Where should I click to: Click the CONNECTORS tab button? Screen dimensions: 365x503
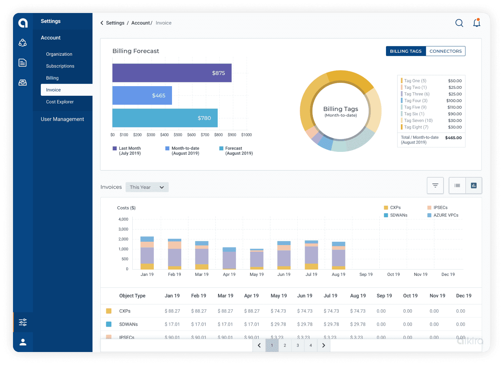click(445, 51)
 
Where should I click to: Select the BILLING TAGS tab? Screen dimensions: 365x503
click(406, 51)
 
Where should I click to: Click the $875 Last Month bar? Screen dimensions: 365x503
click(172, 73)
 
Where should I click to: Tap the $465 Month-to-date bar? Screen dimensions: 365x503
click(142, 95)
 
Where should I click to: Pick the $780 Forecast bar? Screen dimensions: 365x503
click(165, 118)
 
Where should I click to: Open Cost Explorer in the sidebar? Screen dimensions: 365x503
click(60, 102)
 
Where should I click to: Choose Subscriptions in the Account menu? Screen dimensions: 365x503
click(60, 66)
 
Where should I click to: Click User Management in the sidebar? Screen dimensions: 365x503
click(62, 119)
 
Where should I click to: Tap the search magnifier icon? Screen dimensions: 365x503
click(459, 23)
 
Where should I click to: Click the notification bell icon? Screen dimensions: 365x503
click(477, 23)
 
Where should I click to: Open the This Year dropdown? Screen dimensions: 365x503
click(147, 187)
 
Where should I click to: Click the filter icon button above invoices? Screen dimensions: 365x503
click(435, 186)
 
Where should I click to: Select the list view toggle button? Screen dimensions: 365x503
click(457, 186)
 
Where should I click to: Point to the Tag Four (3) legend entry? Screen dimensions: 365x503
click(415, 101)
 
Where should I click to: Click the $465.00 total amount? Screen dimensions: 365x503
click(453, 138)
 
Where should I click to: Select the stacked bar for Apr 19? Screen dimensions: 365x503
click(229, 258)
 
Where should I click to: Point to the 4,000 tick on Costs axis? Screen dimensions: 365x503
click(123, 219)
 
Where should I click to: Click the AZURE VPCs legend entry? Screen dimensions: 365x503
click(445, 215)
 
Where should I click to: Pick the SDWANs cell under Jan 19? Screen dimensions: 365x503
click(172, 325)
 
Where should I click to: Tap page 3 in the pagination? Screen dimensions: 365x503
click(298, 345)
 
